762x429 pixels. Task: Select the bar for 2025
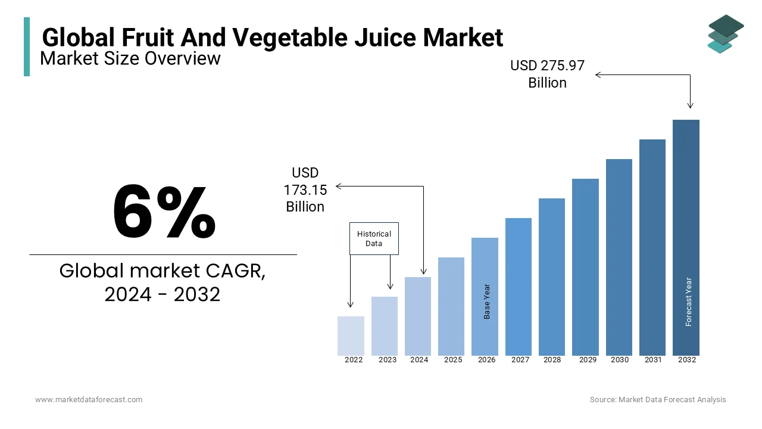[451, 306]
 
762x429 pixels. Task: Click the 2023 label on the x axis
[387, 360]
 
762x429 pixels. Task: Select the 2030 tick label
[619, 360]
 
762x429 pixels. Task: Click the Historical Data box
[374, 238]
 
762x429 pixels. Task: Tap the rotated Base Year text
[487, 301]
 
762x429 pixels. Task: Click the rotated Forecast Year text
[689, 301]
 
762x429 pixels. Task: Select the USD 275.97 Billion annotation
[547, 74]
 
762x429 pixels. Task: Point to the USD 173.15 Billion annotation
[305, 189]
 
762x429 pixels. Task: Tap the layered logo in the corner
[724, 34]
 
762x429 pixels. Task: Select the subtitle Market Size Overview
[130, 58]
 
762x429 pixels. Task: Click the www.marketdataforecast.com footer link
[89, 400]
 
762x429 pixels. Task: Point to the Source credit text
[658, 400]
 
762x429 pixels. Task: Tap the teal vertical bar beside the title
[27, 46]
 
